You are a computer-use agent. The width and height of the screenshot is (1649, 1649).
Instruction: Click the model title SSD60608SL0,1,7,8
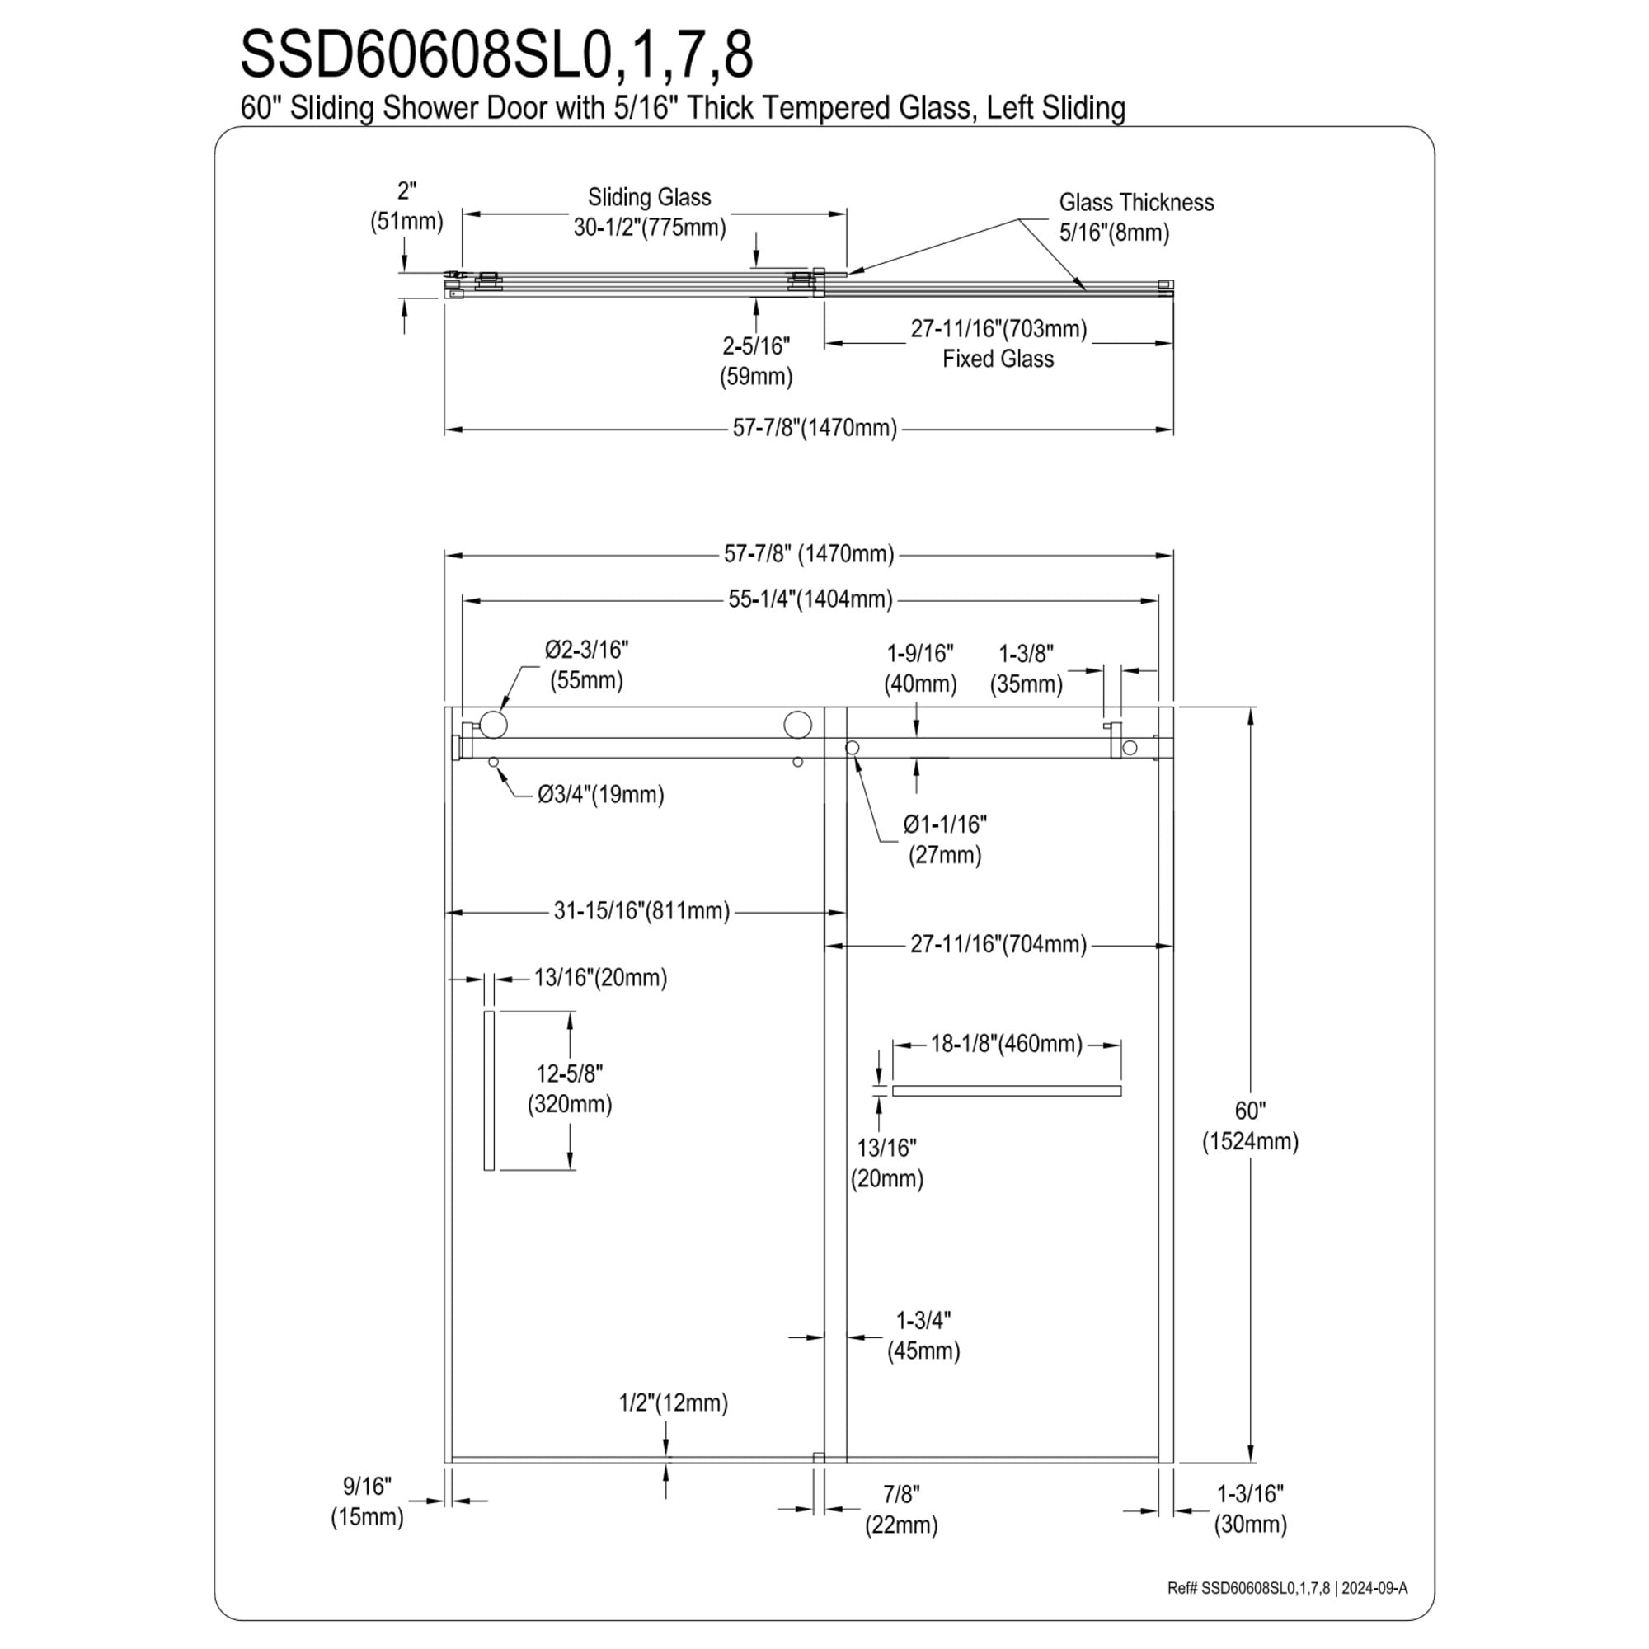496,54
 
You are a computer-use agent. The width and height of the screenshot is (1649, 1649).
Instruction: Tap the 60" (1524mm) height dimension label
1250,1125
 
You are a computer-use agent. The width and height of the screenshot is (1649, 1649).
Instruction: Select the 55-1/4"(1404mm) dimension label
810,599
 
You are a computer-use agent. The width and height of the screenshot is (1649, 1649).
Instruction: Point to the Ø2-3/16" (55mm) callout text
586,665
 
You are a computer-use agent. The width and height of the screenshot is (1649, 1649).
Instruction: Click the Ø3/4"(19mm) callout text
601,795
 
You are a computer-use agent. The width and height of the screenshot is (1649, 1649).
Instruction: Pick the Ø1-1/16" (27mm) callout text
945,839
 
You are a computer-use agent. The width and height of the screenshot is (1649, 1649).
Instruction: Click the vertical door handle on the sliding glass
489,1090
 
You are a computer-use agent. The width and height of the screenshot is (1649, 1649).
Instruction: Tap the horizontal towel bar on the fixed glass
1006,1090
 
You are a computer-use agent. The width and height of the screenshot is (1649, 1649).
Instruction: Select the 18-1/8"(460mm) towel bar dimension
1006,1043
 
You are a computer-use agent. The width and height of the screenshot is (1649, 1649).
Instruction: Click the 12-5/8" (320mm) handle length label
569,1088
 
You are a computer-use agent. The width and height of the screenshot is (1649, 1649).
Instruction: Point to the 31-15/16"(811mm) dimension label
641,911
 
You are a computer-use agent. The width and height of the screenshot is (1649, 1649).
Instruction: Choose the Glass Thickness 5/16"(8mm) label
1136,217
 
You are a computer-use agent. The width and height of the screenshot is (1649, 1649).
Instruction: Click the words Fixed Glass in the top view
998,359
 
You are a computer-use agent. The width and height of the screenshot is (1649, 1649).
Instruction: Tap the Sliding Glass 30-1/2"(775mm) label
650,213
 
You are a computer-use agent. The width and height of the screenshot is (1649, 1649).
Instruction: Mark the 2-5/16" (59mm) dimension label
756,361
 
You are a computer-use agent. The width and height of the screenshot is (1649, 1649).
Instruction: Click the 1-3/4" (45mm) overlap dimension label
923,1336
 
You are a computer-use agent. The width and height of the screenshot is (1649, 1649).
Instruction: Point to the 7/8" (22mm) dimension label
901,1510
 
